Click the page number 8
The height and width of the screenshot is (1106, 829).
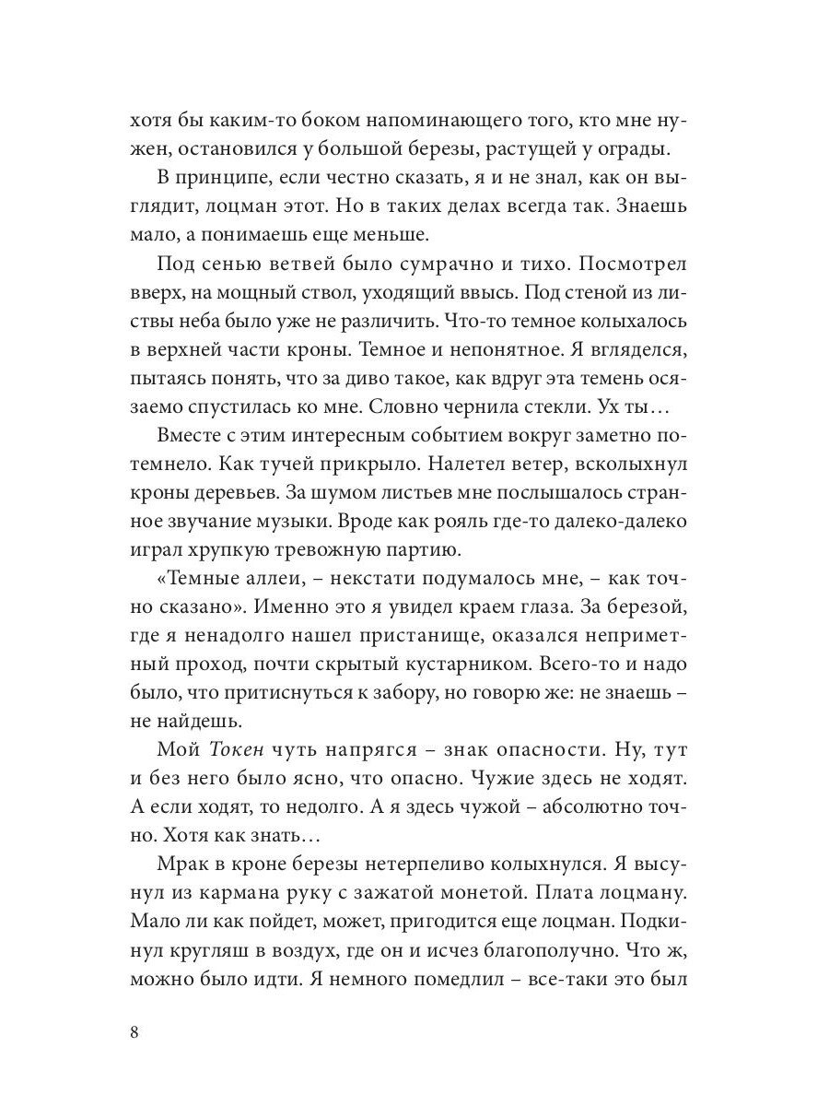pyautogui.click(x=134, y=1031)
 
